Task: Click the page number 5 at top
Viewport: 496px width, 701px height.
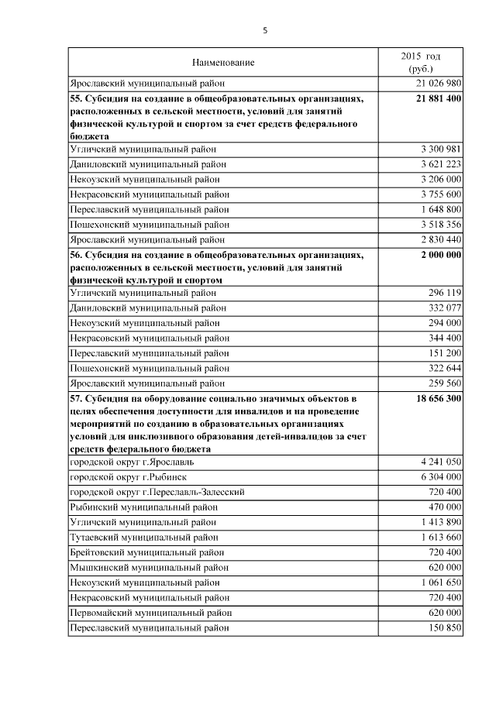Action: click(265, 30)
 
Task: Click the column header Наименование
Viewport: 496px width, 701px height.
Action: click(223, 62)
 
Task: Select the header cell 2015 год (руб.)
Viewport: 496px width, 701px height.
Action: click(421, 63)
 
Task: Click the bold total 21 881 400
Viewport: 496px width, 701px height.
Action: click(438, 99)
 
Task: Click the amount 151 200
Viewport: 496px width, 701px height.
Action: click(445, 353)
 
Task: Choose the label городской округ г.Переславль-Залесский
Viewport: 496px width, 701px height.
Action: click(157, 492)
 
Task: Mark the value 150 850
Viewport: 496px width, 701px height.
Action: click(445, 627)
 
